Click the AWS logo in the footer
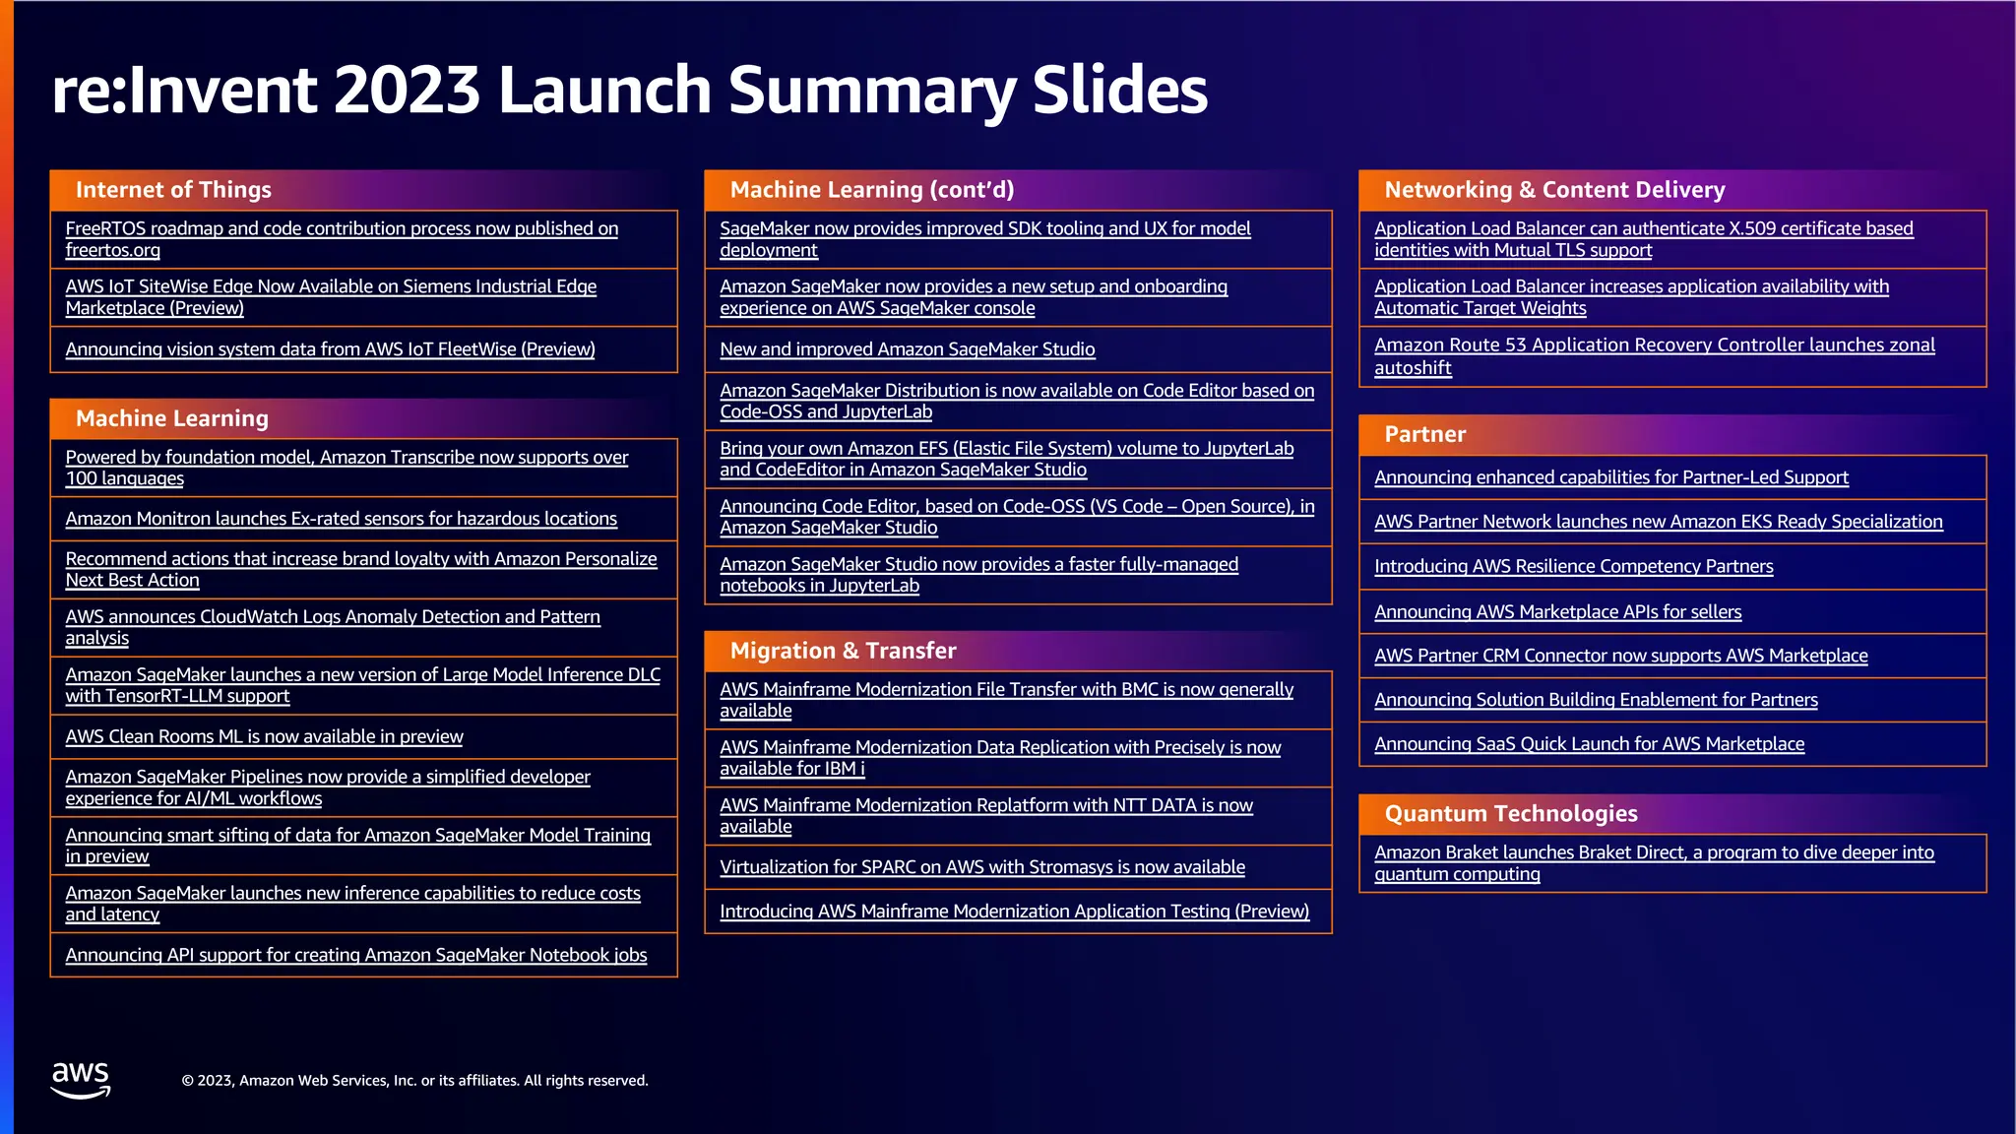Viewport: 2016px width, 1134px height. (81, 1079)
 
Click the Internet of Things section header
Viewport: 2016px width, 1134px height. (173, 190)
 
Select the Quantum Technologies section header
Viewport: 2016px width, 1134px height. (1511, 814)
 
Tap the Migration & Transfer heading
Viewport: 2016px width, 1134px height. (843, 651)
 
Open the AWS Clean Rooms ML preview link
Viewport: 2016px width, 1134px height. (264, 736)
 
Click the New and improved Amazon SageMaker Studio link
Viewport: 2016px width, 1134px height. (907, 349)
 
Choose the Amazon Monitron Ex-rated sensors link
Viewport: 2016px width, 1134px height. (341, 519)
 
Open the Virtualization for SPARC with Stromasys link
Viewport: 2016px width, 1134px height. (981, 867)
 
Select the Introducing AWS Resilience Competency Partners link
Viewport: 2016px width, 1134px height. (1573, 566)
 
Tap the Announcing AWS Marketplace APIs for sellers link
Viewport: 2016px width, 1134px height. (1557, 611)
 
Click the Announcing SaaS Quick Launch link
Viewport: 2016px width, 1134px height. (1589, 744)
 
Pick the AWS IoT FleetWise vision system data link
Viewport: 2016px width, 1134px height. (330, 349)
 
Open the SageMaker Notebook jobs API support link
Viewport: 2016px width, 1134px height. (355, 955)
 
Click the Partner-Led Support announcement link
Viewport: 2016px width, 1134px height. (1610, 477)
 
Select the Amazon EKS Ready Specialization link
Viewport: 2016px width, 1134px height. (1658, 522)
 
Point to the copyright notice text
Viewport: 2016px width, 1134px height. (414, 1081)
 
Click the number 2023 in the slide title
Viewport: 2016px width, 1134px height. (407, 91)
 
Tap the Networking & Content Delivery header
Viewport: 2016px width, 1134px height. (1554, 190)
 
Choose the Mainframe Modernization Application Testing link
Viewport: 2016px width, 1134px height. (1014, 912)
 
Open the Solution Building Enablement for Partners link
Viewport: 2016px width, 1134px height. (1596, 700)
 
